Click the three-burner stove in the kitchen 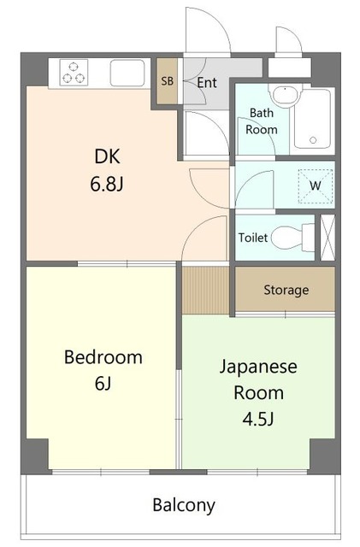pyautogui.click(x=74, y=72)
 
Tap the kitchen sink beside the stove pyautogui.click(x=127, y=73)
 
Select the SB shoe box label pyautogui.click(x=168, y=81)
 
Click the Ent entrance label pyautogui.click(x=207, y=83)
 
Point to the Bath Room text pyautogui.click(x=262, y=121)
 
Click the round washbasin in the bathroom pyautogui.click(x=286, y=94)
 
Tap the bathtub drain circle pyautogui.click(x=313, y=140)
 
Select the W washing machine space pyautogui.click(x=316, y=186)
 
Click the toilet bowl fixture pyautogui.click(x=292, y=238)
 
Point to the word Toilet pyautogui.click(x=253, y=238)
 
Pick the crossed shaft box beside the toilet pyautogui.click(x=328, y=238)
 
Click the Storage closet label pyautogui.click(x=286, y=290)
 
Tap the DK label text pyautogui.click(x=107, y=156)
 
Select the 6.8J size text pyautogui.click(x=107, y=184)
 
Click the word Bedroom pyautogui.click(x=103, y=357)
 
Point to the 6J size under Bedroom pyautogui.click(x=103, y=384)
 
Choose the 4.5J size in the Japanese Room pyautogui.click(x=258, y=419)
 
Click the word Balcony pyautogui.click(x=184, y=505)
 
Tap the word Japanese pyautogui.click(x=258, y=368)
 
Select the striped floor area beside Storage pyautogui.click(x=206, y=291)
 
